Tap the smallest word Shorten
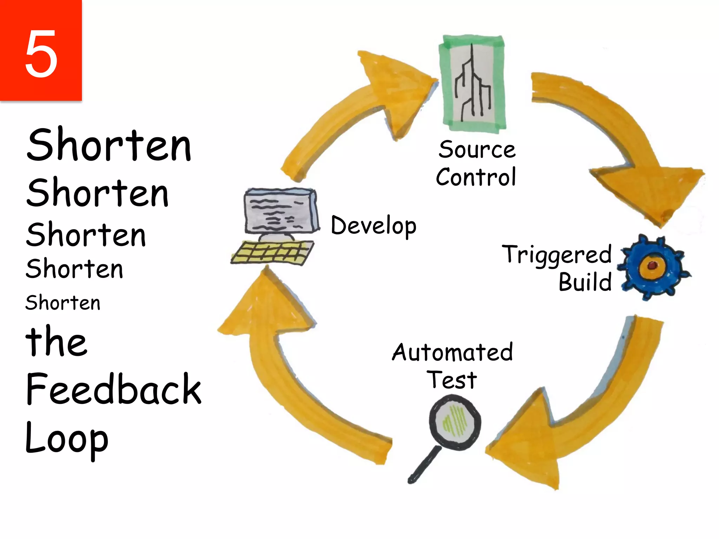pyautogui.click(x=63, y=303)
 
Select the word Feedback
pyautogui.click(x=113, y=389)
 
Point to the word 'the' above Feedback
pyautogui.click(x=56, y=341)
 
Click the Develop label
pyautogui.click(x=374, y=225)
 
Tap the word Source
pyautogui.click(x=477, y=150)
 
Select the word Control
pyautogui.click(x=476, y=177)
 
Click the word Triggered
pyautogui.click(x=557, y=255)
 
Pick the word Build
pyautogui.click(x=585, y=282)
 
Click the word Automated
pyautogui.click(x=453, y=352)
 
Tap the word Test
pyautogui.click(x=452, y=380)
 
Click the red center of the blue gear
pyautogui.click(x=652, y=266)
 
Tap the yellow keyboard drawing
pyautogui.click(x=272, y=252)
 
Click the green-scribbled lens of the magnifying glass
pyautogui.click(x=455, y=422)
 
